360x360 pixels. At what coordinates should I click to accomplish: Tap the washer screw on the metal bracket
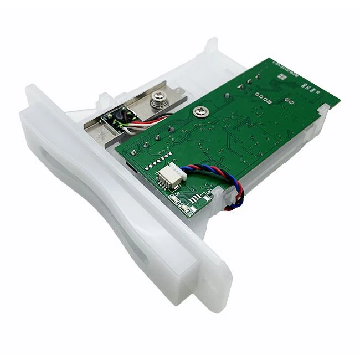pos(157,100)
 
